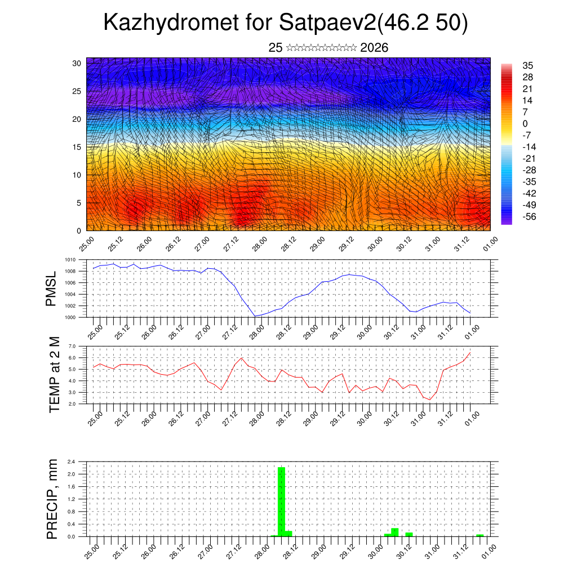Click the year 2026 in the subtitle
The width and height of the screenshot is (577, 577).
(x=374, y=48)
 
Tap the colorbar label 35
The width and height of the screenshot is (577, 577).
(x=528, y=65)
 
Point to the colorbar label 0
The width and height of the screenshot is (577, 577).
(x=525, y=123)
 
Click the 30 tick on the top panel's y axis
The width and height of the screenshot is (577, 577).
(x=77, y=63)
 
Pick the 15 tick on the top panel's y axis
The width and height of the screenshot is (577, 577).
(x=77, y=147)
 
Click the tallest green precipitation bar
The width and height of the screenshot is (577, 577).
(x=281, y=501)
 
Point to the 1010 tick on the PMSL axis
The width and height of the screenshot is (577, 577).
(x=70, y=260)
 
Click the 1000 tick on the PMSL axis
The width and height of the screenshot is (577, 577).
(x=70, y=317)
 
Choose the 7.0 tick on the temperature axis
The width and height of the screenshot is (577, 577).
(x=72, y=346)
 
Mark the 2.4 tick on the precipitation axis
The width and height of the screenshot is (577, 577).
(x=72, y=461)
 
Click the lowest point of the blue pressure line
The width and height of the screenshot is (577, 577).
(x=255, y=316)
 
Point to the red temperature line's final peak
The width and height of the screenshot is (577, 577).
(x=470, y=353)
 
